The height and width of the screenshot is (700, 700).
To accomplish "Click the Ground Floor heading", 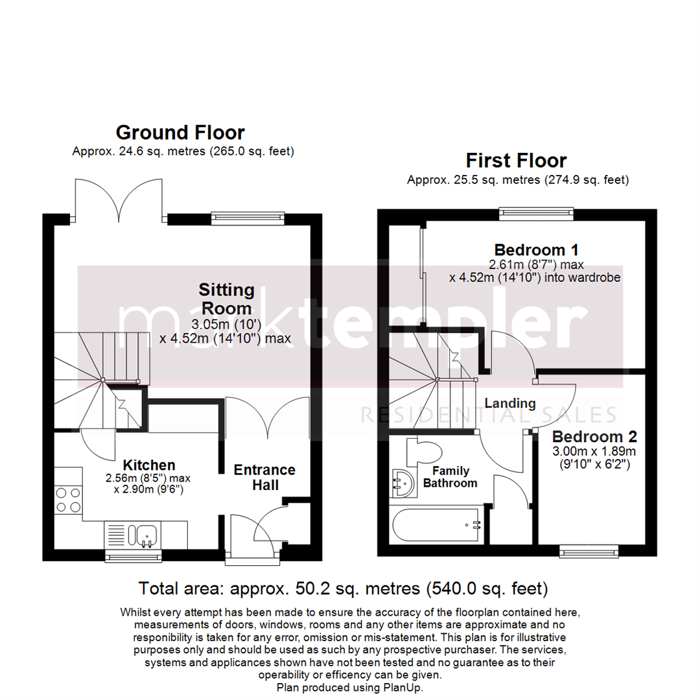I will point(180,133).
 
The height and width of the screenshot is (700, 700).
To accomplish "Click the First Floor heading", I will point(517,160).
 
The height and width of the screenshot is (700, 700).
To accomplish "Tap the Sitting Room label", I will point(226,298).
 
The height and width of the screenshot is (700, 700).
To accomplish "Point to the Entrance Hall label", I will point(264,477).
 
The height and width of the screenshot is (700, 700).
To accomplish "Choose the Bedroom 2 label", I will point(594,436).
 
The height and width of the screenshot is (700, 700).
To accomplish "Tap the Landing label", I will point(511,403).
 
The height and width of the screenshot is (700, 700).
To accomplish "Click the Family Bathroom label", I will point(451,476).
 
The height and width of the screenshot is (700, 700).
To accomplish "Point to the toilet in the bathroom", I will point(421,450).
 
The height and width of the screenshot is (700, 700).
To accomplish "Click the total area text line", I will point(344,589).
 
